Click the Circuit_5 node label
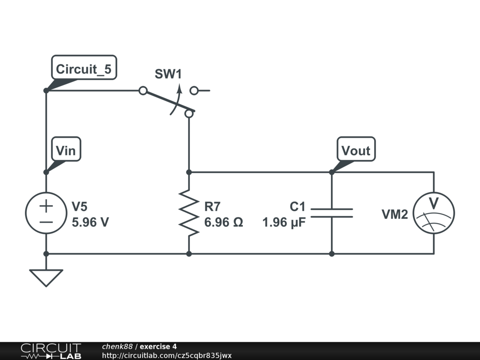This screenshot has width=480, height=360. [x=84, y=67]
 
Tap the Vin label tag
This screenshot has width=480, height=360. [x=66, y=149]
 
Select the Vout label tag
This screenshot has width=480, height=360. [x=356, y=149]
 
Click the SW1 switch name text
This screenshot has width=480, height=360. [x=168, y=74]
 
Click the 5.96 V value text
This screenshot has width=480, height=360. [x=90, y=222]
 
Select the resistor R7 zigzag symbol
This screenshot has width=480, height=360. [x=189, y=213]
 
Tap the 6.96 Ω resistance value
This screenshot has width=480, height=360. [x=224, y=222]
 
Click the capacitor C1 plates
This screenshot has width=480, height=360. [x=332, y=213]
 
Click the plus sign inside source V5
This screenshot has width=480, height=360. [x=46, y=206]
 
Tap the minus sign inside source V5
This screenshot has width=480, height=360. [x=46, y=222]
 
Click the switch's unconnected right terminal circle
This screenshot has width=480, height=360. [x=194, y=90]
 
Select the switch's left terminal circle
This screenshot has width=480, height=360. [x=143, y=90]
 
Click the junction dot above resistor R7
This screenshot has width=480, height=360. [x=189, y=172]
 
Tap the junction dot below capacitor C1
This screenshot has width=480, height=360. [x=332, y=254]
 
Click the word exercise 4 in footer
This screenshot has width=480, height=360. [x=158, y=346]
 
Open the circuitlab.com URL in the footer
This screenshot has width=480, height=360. [x=167, y=355]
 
